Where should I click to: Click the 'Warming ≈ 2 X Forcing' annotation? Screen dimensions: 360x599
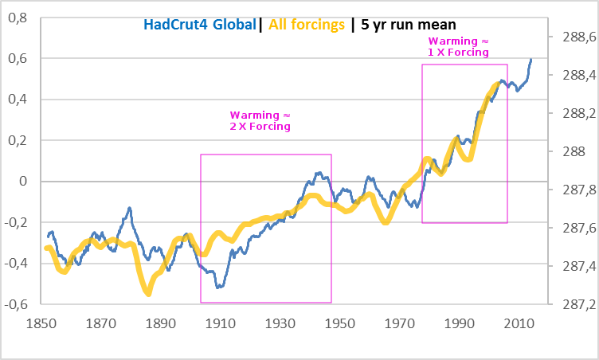tap(260, 120)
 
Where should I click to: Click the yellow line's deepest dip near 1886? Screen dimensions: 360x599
tap(148, 293)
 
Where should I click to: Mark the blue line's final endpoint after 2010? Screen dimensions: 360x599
tap(531, 59)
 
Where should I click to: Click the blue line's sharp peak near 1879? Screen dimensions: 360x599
tap(129, 209)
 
